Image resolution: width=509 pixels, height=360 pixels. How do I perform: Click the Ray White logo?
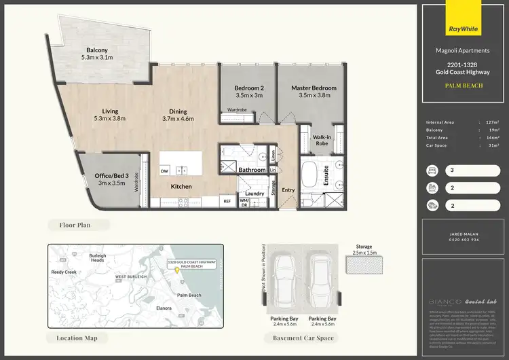point(462,29)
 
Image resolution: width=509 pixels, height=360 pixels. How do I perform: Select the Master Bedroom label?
point(314,92)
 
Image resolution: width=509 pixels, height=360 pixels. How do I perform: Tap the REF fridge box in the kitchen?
point(227,201)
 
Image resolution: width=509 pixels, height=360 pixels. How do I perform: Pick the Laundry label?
point(254,194)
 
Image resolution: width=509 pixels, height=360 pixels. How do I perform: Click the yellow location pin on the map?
point(178,270)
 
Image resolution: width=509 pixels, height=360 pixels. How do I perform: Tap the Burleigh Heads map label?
point(97,257)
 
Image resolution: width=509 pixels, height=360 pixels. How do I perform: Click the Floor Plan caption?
point(75,224)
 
